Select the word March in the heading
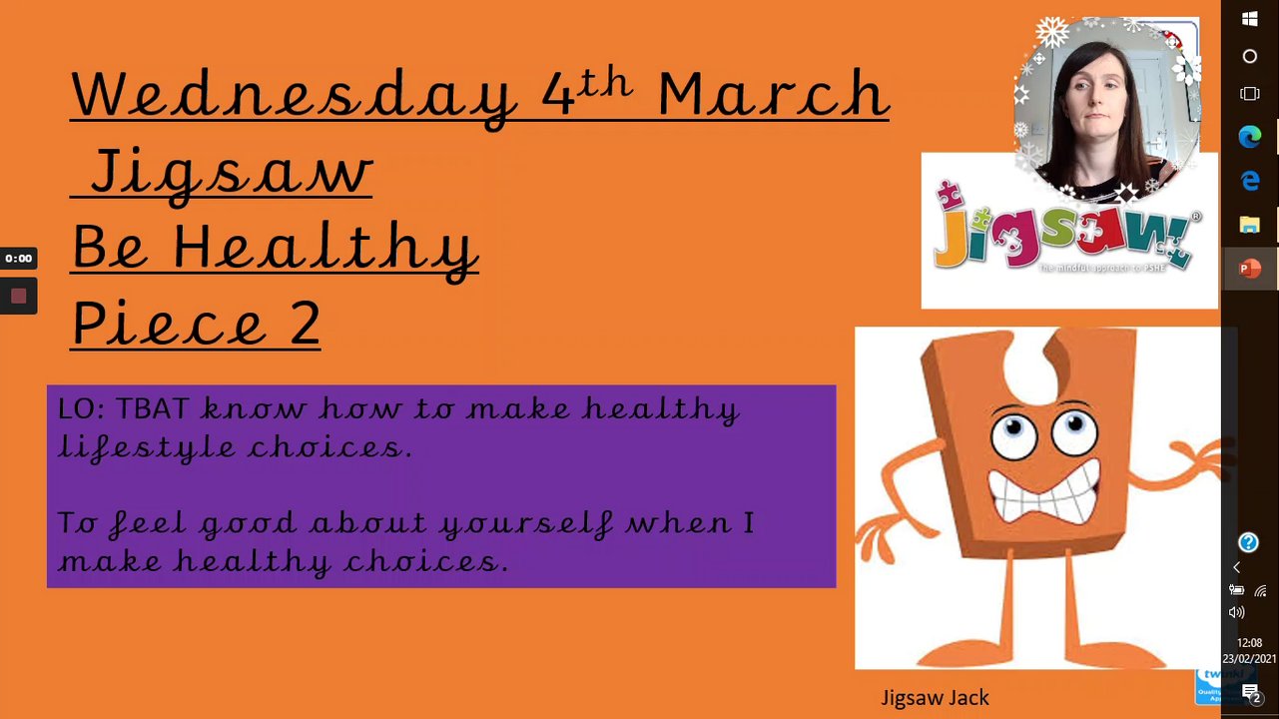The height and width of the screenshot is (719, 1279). pyautogui.click(x=774, y=93)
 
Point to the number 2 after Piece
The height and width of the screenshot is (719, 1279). pyautogui.click(x=305, y=324)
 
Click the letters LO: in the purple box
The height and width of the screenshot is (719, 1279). pyautogui.click(x=81, y=408)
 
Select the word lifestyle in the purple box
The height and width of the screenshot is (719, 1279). pyautogui.click(x=147, y=447)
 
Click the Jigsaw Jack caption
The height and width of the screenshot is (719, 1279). pyautogui.click(x=935, y=698)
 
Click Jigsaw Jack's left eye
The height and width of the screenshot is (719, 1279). pyautogui.click(x=1014, y=434)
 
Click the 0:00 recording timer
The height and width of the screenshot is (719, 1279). pyautogui.click(x=18, y=258)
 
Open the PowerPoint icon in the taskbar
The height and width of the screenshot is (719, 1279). pyautogui.click(x=1249, y=269)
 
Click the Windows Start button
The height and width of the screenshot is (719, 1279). pyautogui.click(x=1250, y=19)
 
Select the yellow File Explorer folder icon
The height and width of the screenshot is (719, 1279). pyautogui.click(x=1249, y=225)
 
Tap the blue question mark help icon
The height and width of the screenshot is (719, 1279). pyautogui.click(x=1248, y=542)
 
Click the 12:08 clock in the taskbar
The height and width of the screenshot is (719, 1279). pyautogui.click(x=1249, y=642)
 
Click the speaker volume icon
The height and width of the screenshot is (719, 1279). pyautogui.click(x=1237, y=613)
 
